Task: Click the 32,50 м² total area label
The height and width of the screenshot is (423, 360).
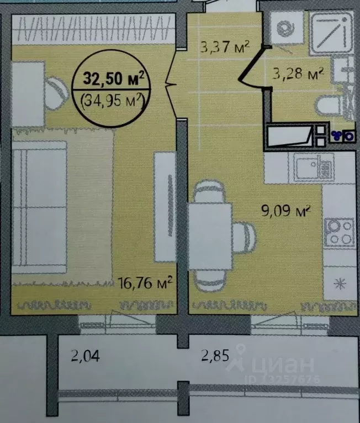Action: [114, 78]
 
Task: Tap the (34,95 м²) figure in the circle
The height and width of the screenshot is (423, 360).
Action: [112, 100]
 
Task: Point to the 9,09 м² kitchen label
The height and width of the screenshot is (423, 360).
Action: [285, 211]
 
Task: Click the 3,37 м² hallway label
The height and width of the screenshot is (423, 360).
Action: [225, 47]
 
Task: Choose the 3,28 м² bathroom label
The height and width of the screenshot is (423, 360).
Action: [298, 73]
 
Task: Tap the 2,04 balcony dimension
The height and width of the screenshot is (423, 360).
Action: [86, 355]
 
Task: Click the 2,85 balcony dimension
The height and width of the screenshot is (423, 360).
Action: [215, 355]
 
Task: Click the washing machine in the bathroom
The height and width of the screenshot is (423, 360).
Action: [286, 28]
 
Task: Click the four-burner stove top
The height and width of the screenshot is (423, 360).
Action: [339, 233]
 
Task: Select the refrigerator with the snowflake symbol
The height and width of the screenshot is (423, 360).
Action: [340, 283]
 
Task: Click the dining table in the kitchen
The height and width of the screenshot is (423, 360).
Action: [210, 237]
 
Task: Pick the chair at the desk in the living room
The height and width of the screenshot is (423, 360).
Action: [56, 94]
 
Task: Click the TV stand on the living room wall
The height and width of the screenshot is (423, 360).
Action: [165, 207]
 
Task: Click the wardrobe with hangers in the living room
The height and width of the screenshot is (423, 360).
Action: [93, 29]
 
